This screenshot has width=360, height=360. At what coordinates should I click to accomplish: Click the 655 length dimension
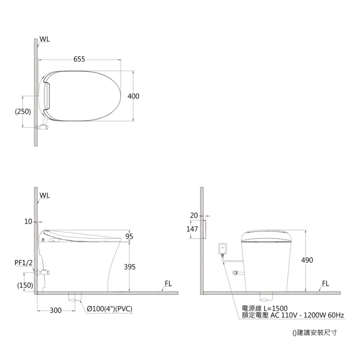(x=79, y=59)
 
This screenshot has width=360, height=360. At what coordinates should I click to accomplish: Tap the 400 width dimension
(x=134, y=96)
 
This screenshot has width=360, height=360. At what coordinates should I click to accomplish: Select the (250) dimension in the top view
(x=23, y=112)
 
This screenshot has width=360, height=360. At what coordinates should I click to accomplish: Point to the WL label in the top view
(x=45, y=39)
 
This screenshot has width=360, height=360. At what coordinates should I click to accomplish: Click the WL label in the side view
(x=45, y=195)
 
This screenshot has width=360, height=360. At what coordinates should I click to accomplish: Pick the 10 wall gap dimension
(x=28, y=221)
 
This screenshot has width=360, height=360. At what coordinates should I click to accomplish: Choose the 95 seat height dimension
(x=129, y=236)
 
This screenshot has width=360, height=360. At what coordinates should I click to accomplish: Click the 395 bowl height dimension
(x=130, y=267)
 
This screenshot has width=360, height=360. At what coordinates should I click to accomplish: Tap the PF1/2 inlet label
(x=24, y=263)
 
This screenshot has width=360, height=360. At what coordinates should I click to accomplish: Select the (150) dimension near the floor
(x=25, y=285)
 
